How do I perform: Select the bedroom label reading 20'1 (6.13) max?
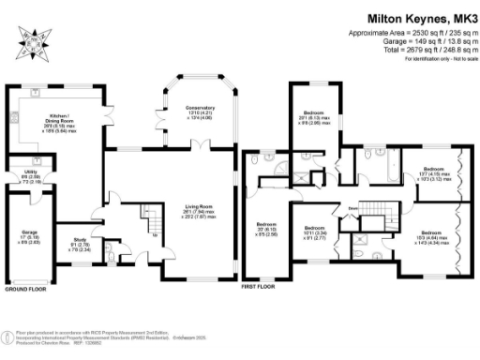point(310,116)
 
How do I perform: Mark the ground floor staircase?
point(149,224)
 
